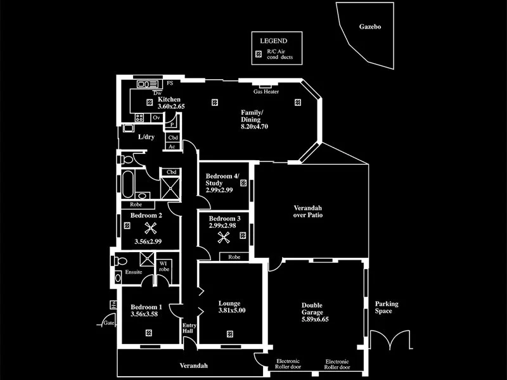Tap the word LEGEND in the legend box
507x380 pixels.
tap(274, 40)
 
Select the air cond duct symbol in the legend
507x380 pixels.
tap(258, 54)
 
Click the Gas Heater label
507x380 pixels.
tap(266, 92)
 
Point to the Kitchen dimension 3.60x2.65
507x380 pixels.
tap(171, 106)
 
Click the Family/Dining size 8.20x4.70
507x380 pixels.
tap(255, 127)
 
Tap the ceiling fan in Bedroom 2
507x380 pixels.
tap(151, 229)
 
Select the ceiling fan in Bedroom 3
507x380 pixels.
tap(224, 238)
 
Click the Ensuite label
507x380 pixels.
tap(134, 272)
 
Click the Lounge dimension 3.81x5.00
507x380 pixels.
tap(232, 310)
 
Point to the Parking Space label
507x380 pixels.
tap(387, 308)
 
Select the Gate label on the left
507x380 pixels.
tap(109, 323)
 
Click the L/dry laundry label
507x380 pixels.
tap(146, 137)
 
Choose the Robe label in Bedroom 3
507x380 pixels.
tap(234, 257)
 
